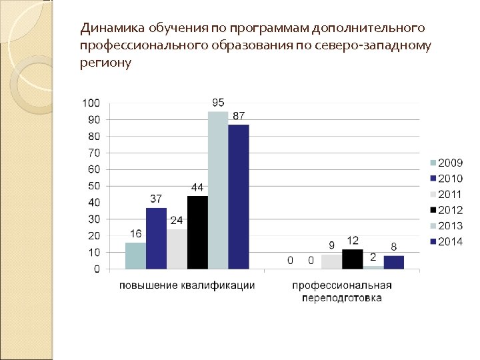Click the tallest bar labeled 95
tap(218, 190)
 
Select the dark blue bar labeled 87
tap(238, 197)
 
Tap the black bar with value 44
tap(197, 232)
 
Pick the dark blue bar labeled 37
tap(156, 238)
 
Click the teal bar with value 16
tap(135, 255)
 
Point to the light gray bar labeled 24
tap(177, 249)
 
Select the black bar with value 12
tap(352, 259)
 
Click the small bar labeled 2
tap(373, 267)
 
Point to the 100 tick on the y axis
tap(91, 103)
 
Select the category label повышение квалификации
tap(187, 286)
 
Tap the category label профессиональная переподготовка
tap(342, 292)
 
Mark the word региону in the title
tap(105, 63)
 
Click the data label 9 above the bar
tap(331, 245)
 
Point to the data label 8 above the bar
tap(394, 246)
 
